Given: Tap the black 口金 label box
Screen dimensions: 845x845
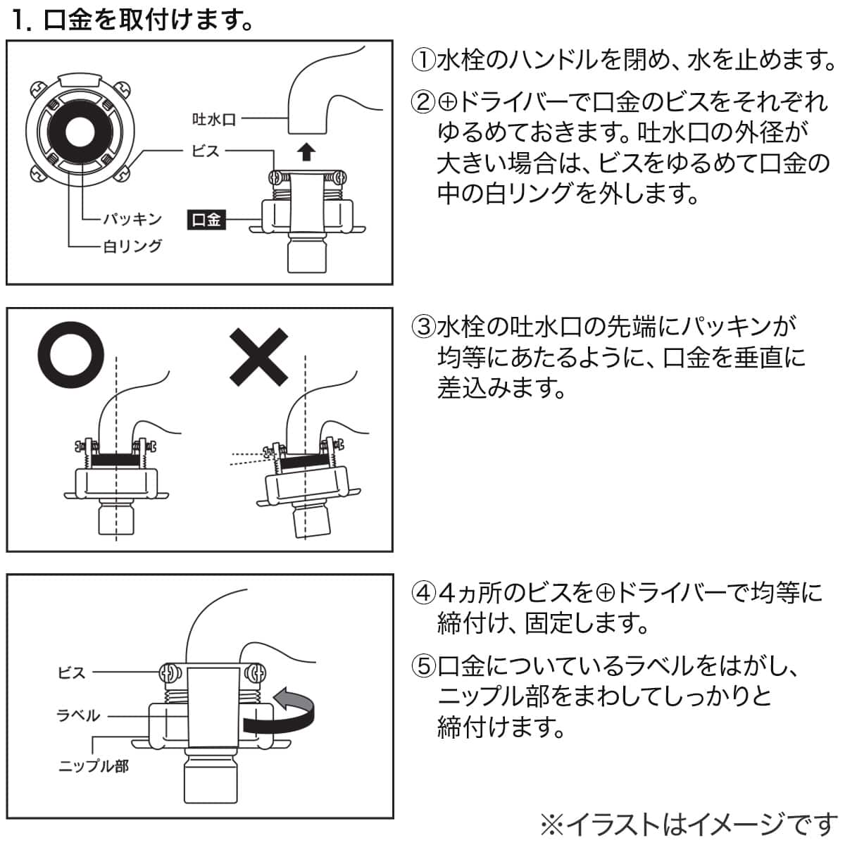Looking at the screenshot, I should (x=206, y=220).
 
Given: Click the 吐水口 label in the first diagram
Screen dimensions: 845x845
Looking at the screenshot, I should (x=214, y=120).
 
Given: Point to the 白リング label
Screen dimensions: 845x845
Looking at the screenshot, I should (x=133, y=246).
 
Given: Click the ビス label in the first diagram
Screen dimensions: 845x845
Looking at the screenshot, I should (x=206, y=151).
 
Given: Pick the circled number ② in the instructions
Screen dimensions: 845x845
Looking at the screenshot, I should (x=423, y=103).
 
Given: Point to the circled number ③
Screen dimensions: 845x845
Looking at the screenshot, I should (x=423, y=327).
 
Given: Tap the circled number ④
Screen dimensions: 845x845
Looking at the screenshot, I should (x=423, y=593).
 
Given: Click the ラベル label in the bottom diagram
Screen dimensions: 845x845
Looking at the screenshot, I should (x=78, y=715).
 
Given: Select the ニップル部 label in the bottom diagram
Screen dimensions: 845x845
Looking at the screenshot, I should (x=93, y=765).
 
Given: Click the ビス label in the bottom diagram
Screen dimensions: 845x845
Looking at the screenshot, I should (x=71, y=672).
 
